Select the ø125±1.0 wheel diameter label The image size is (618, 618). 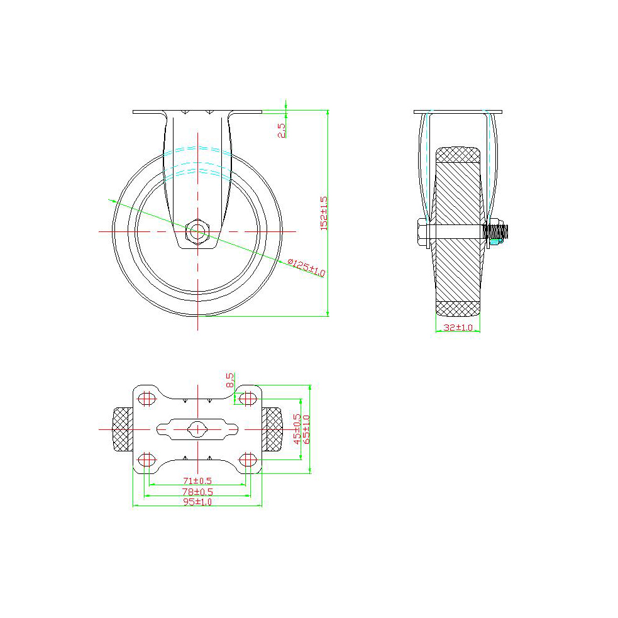[x=306, y=268]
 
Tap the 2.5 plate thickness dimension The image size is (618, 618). [x=282, y=130]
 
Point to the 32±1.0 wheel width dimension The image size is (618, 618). [x=458, y=328]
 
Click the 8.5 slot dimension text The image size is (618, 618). [x=230, y=380]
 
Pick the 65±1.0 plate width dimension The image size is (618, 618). [x=307, y=429]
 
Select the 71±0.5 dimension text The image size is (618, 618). [x=197, y=481]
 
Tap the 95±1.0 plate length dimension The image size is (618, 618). [x=197, y=502]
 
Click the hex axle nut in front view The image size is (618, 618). [x=197, y=232]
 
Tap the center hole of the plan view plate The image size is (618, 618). [x=197, y=429]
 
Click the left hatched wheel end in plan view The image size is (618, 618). [x=123, y=429]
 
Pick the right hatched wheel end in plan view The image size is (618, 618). [x=272, y=429]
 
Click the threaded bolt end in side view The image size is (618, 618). [x=497, y=233]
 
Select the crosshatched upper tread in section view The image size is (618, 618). [x=458, y=154]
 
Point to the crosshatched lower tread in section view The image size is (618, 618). [x=458, y=309]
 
